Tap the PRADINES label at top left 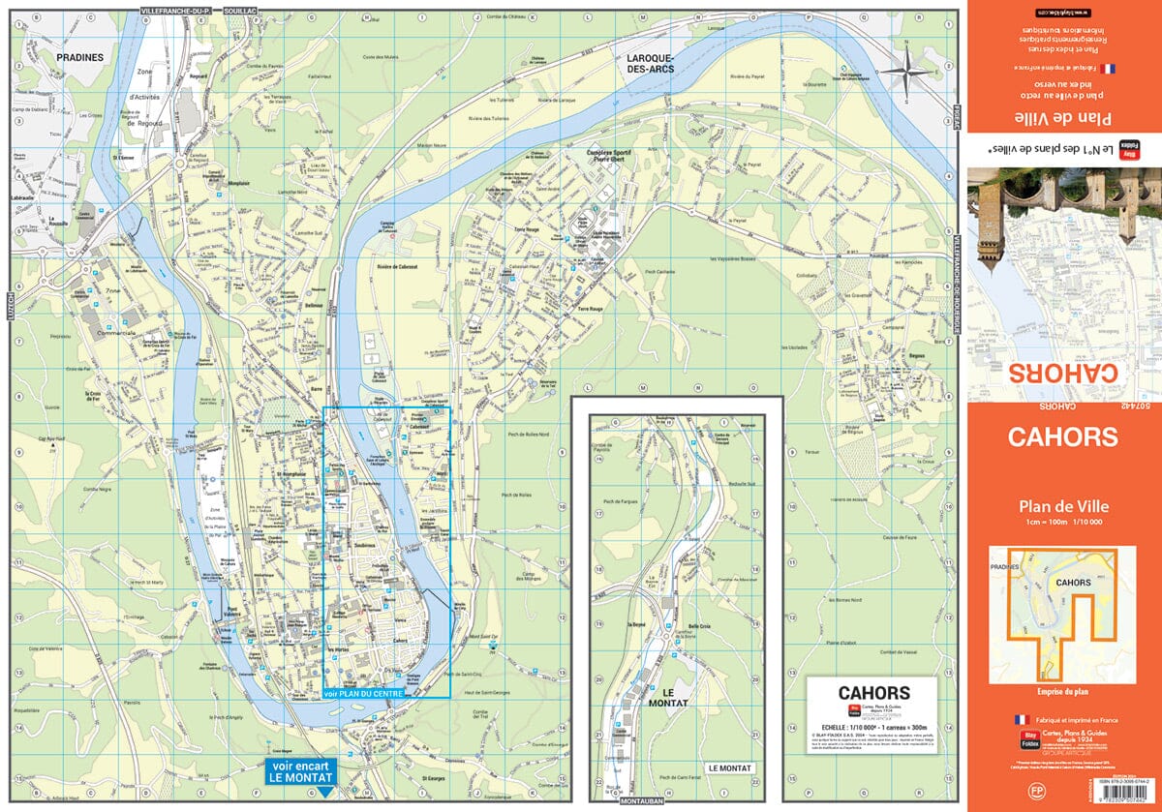(80, 57)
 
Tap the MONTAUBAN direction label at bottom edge (640, 802)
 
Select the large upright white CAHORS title (1063, 436)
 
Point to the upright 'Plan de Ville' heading (1063, 505)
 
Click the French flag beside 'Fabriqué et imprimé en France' (1019, 720)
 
